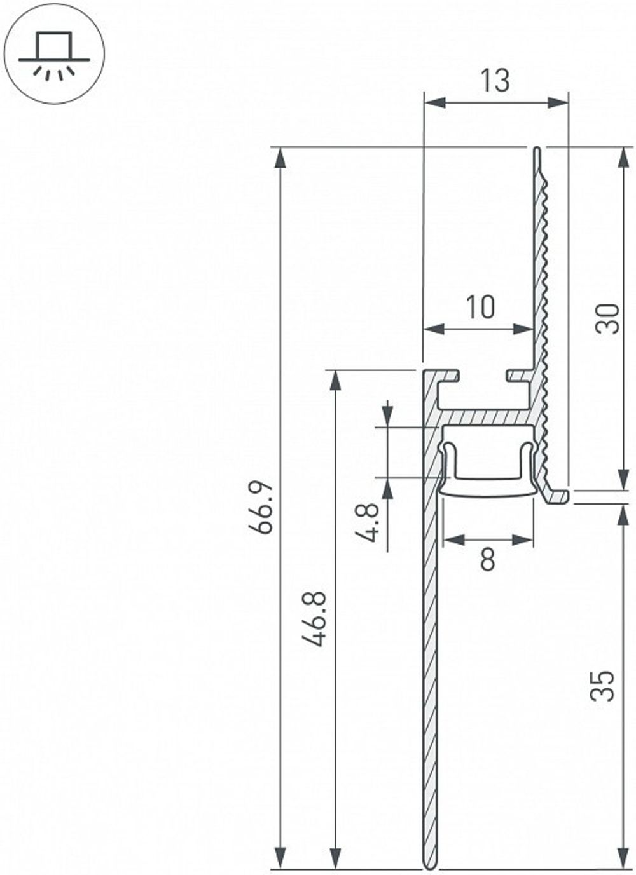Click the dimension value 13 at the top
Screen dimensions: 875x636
(495, 81)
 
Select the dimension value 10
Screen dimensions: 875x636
(480, 308)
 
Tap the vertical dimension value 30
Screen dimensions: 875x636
(607, 318)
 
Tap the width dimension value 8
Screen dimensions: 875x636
(487, 560)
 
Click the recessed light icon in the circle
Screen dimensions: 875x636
(54, 54)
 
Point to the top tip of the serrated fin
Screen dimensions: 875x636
(537, 151)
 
